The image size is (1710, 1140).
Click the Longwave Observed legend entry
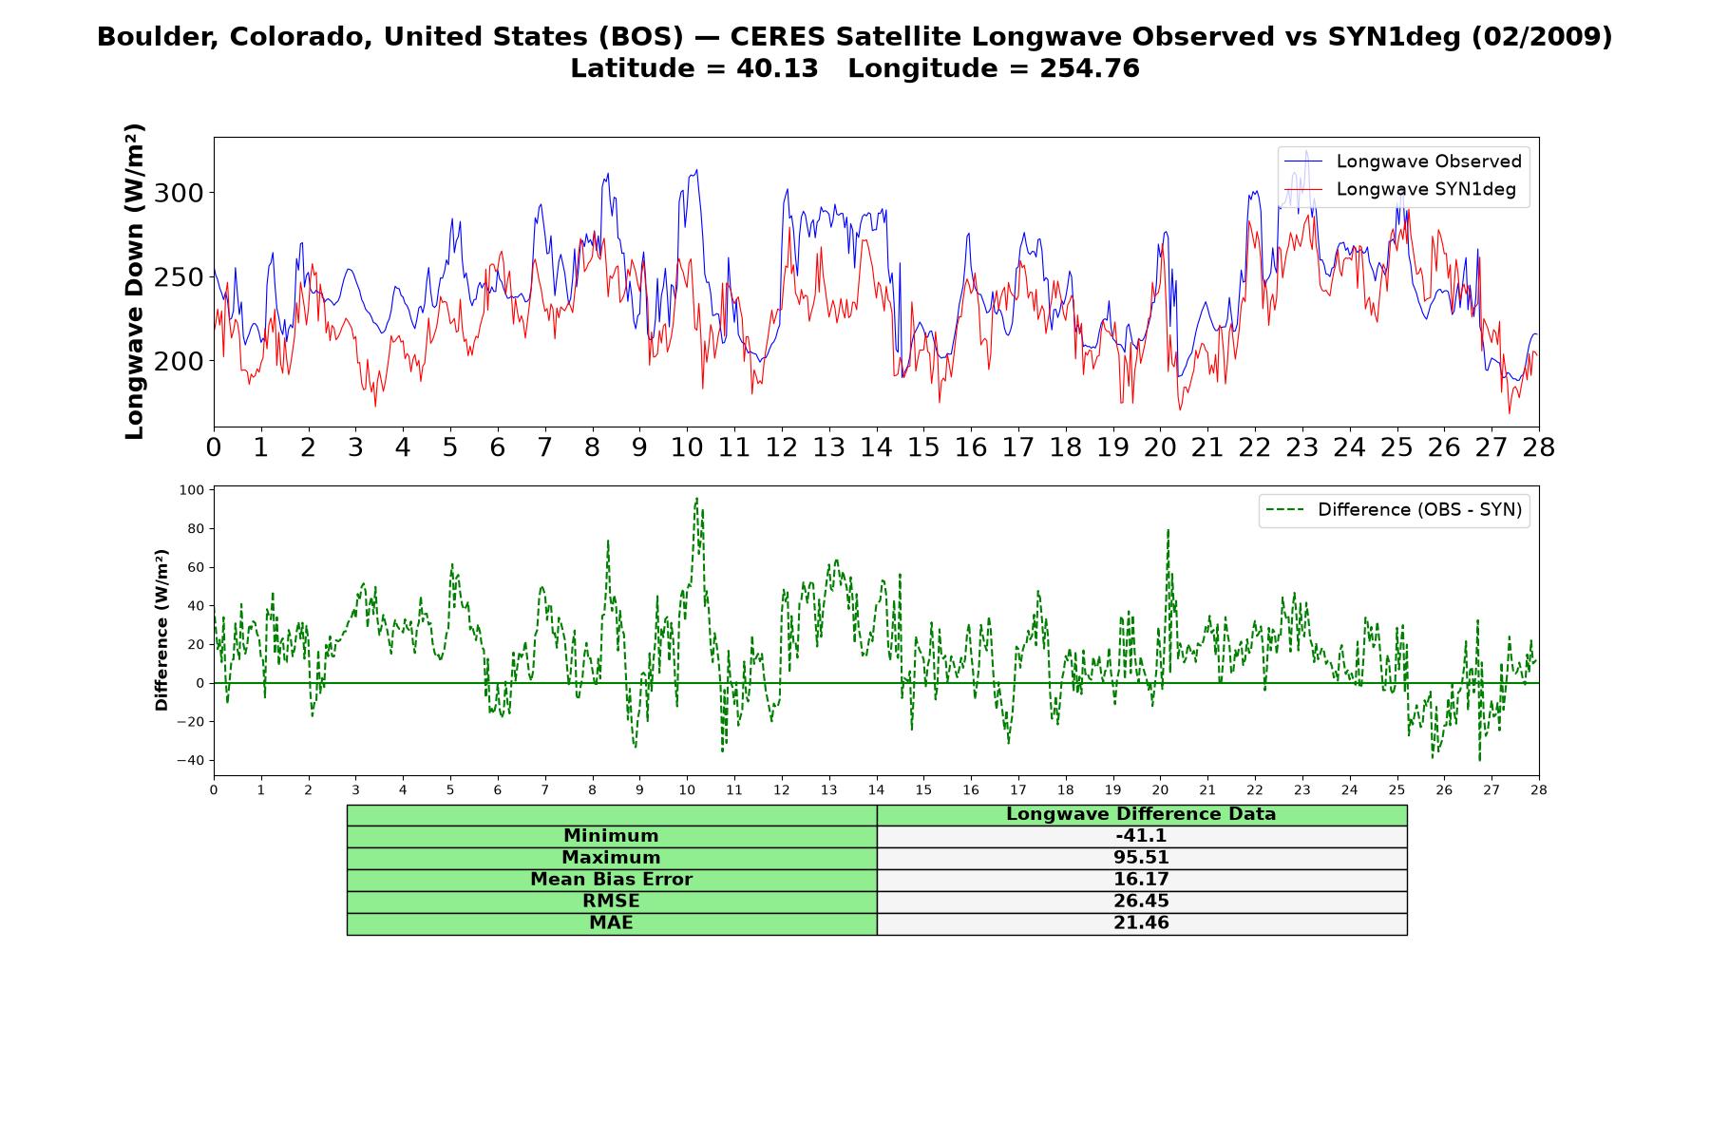1402,161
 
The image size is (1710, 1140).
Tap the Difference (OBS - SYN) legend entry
1394,510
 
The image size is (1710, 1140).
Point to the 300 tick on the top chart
179,193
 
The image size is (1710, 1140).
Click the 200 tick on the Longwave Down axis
179,361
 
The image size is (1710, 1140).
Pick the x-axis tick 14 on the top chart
876,447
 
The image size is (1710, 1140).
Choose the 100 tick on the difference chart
192,490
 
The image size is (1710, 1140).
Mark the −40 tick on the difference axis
189,760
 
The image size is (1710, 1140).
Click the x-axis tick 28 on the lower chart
1539,789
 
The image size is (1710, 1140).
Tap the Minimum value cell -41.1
1141,836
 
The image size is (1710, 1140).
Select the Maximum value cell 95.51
1141,858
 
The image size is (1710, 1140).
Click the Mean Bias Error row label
611,880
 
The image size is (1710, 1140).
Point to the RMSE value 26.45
1141,902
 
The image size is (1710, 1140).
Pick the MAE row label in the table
611,923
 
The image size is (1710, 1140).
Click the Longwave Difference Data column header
1141,814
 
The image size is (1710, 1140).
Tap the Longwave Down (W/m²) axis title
134,281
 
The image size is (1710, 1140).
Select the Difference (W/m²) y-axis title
161,630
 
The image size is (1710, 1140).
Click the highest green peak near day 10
696,498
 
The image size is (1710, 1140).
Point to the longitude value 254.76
1090,68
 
